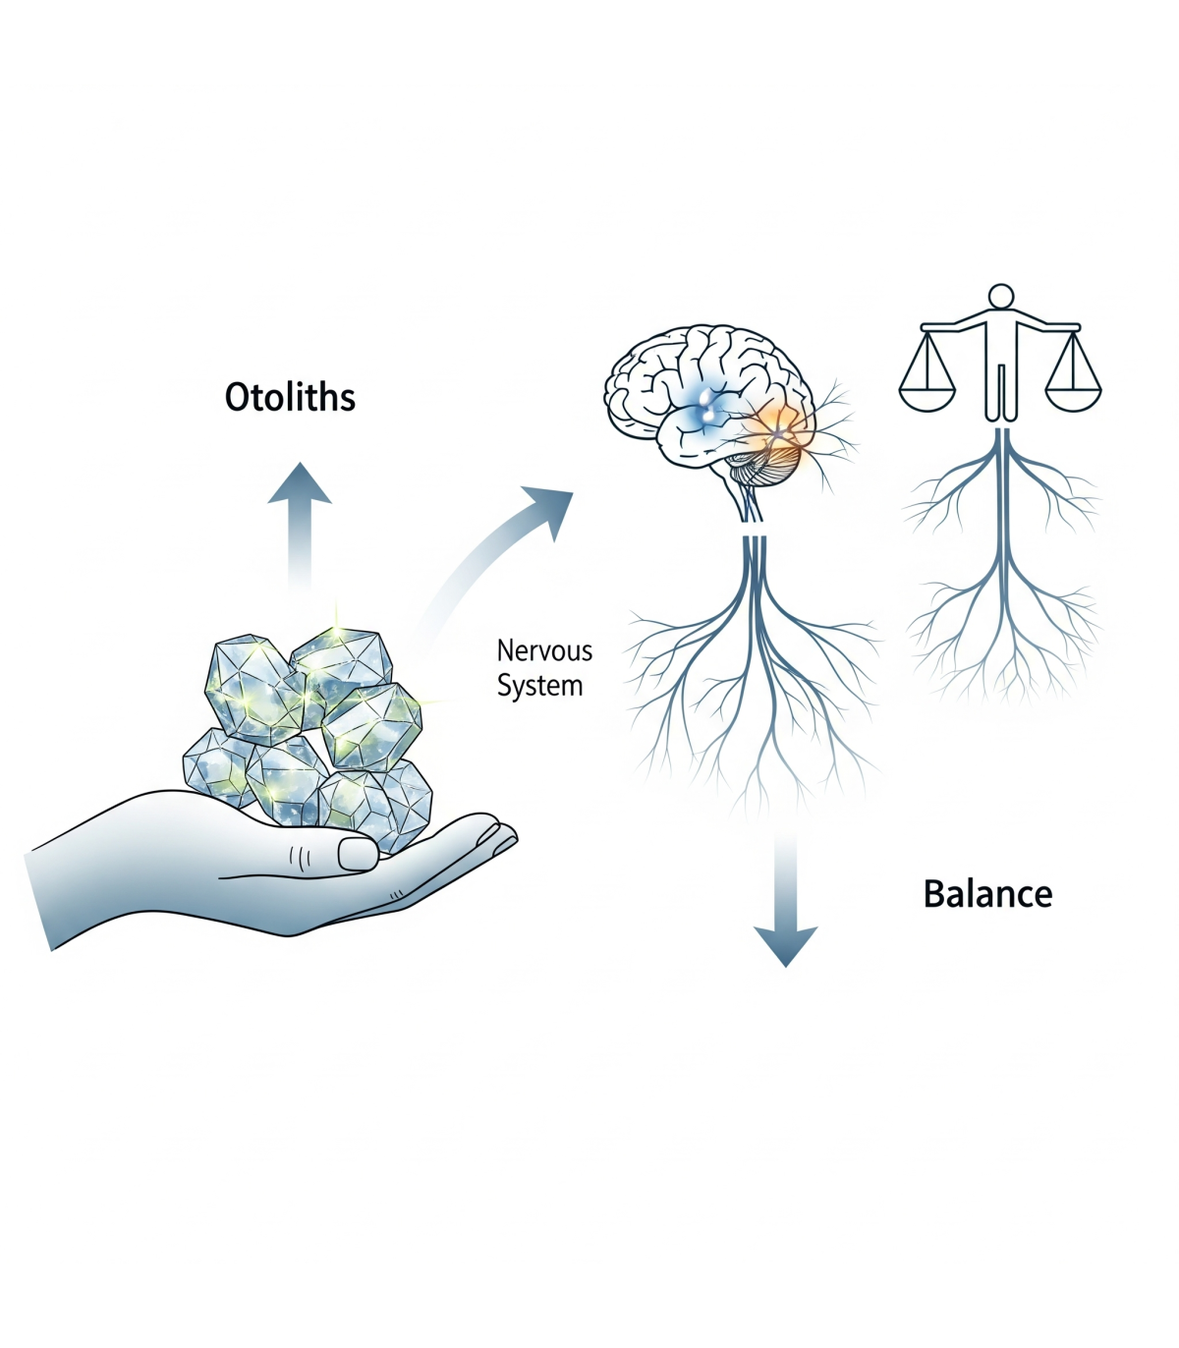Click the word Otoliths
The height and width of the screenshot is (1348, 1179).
[x=290, y=397]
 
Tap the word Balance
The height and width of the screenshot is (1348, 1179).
[x=987, y=894]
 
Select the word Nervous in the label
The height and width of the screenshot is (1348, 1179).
[x=544, y=650]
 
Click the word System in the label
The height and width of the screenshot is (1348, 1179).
[x=539, y=686]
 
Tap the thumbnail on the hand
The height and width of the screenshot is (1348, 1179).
[x=358, y=853]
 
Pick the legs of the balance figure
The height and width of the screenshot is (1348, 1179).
[x=1000, y=393]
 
